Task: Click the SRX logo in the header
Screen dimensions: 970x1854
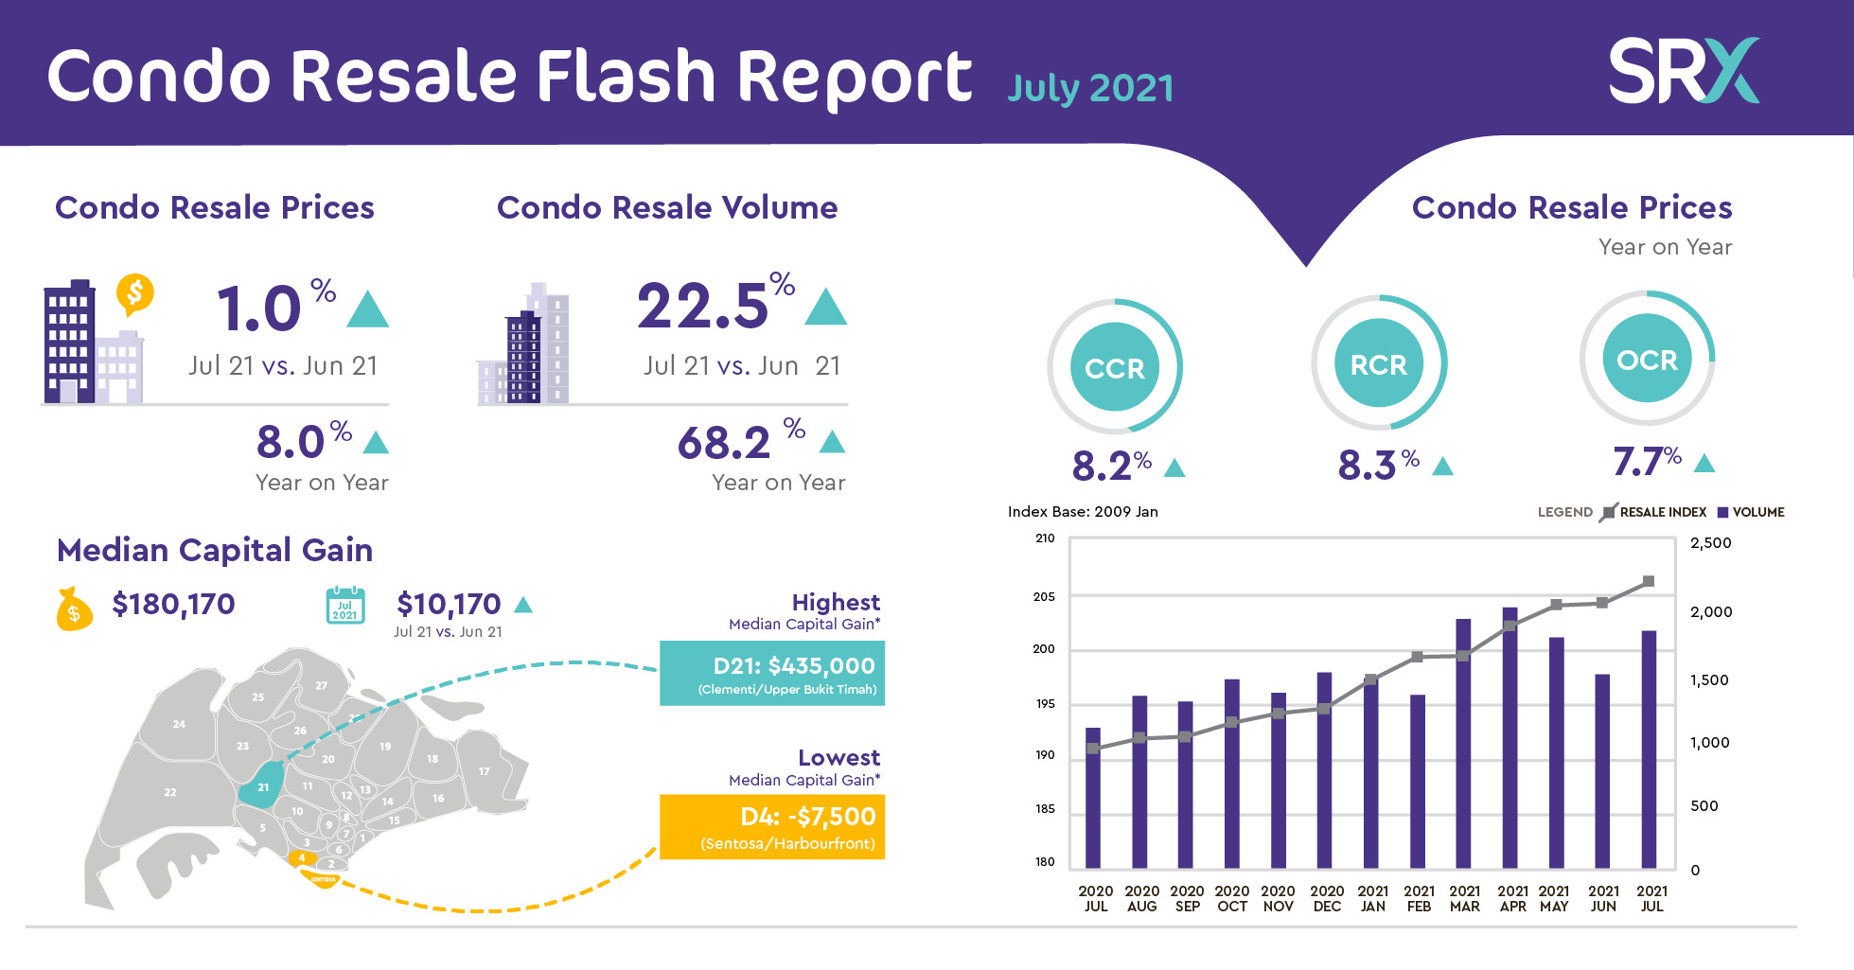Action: (1683, 71)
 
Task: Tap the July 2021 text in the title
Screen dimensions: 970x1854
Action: (1090, 88)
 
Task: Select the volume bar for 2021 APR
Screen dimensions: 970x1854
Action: (1510, 738)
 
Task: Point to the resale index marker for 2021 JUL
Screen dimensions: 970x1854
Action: (1649, 581)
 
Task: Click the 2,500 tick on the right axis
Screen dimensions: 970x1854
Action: (1710, 543)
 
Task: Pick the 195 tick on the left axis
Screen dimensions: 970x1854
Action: (1045, 703)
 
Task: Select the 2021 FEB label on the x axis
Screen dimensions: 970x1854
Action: (1419, 898)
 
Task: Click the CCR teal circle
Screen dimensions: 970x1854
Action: (1115, 367)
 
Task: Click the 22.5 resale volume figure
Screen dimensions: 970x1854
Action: (702, 307)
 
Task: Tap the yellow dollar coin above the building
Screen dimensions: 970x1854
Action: (135, 294)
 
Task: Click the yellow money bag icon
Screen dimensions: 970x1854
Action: (74, 609)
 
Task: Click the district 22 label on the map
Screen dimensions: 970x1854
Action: (170, 792)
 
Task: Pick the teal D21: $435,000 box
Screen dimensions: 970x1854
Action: (771, 673)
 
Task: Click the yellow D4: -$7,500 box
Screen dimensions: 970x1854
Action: (771, 826)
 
